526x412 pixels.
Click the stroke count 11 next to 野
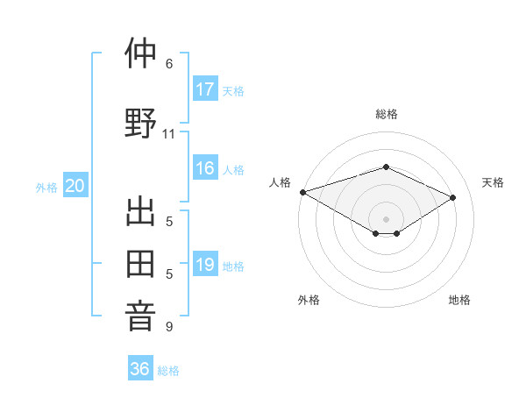169,134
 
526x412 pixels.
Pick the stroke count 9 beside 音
169,327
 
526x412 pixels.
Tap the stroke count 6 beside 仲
169,64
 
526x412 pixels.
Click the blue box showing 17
205,89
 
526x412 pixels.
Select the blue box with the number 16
205,168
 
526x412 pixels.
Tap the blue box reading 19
205,265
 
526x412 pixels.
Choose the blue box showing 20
75,186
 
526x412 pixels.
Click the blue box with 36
140,369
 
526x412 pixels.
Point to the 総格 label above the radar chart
387,114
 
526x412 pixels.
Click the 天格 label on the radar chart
493,182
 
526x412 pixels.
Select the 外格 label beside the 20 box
46,187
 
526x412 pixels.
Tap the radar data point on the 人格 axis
302,192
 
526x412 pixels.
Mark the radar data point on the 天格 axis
453,197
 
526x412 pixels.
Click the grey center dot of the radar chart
386,218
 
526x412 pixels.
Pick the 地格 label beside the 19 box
233,266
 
